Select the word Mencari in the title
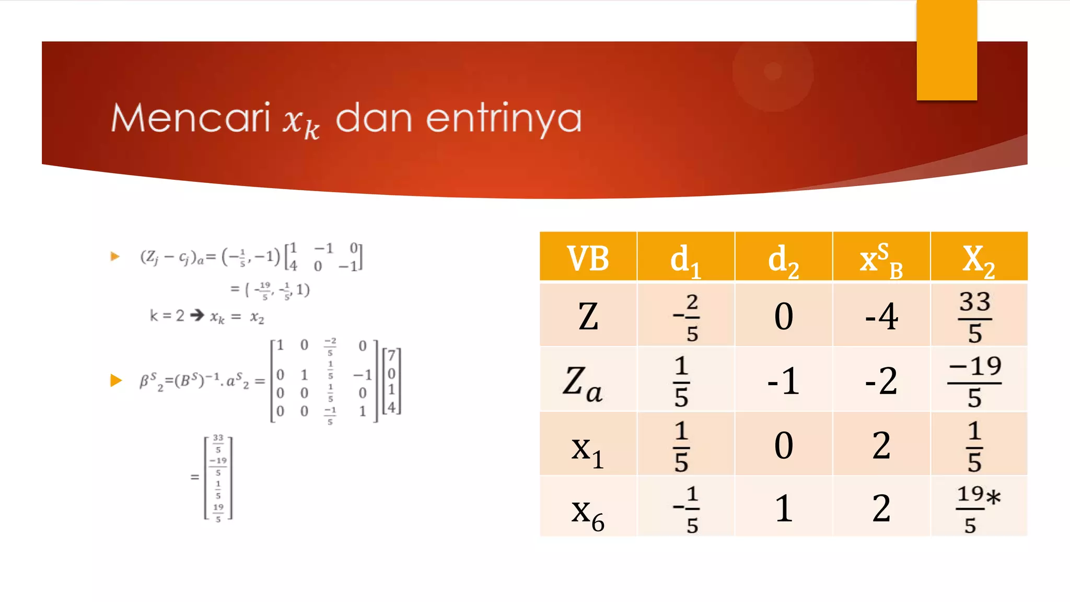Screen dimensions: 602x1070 [191, 118]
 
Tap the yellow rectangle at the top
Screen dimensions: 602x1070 [946, 50]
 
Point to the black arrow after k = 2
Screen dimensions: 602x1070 [197, 315]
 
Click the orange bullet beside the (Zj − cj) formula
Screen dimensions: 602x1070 [115, 256]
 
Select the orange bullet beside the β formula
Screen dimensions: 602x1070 [116, 380]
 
